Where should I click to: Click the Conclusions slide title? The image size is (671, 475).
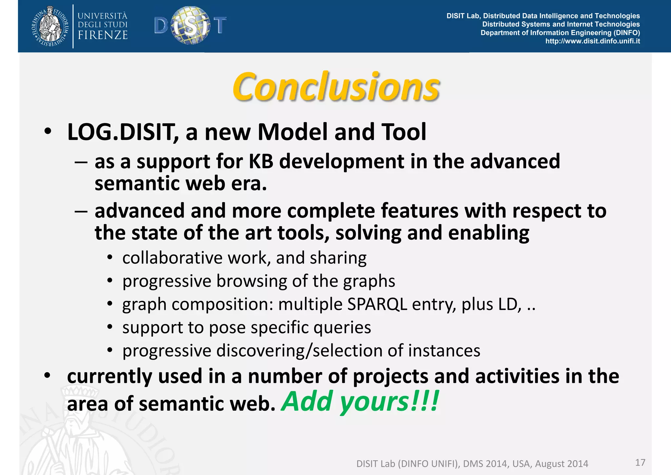[336, 87]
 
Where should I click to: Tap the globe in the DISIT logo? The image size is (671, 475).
[191, 25]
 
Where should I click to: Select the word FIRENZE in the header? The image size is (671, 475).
[103, 35]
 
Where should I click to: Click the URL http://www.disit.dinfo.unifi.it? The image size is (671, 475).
[592, 41]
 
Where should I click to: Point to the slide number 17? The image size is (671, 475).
[640, 463]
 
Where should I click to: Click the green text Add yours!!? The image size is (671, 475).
[360, 402]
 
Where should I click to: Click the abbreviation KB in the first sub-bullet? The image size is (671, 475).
[261, 162]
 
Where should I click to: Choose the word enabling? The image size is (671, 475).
[489, 233]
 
